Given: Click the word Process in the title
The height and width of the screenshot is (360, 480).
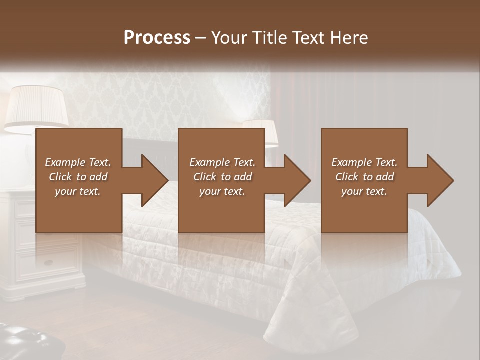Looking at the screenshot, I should coord(157,38).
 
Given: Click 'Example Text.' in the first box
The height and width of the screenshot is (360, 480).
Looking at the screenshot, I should coord(78,162).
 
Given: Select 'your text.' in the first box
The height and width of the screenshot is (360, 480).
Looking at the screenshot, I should coord(78,191).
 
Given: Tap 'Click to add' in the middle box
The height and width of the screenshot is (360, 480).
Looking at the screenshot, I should coord(222,177).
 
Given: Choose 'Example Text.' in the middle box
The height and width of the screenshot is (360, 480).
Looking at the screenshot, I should coord(222,162).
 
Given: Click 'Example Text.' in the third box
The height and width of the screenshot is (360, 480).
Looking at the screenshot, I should coord(364,162).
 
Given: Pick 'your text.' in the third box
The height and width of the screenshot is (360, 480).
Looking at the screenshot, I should coord(364,191).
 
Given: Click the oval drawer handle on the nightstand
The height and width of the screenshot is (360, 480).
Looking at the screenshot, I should coord(49,263).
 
